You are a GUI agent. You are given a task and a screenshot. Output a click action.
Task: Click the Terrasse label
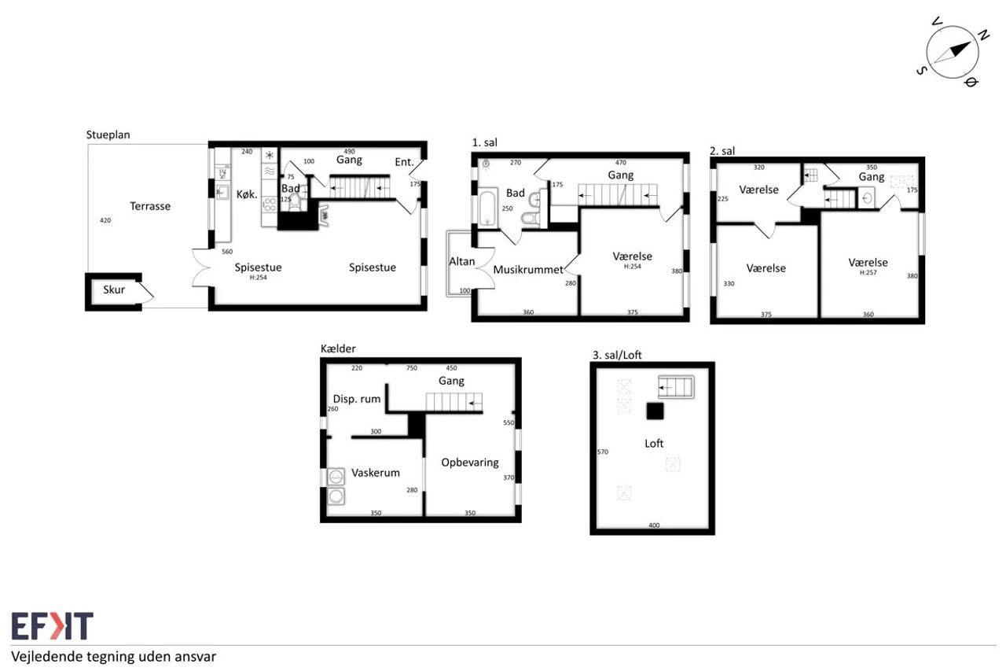[x=150, y=206]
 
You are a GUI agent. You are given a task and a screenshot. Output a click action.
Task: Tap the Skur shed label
[x=114, y=290]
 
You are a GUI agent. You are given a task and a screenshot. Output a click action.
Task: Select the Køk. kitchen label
[x=247, y=194]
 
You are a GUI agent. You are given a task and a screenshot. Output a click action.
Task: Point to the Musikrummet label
[x=527, y=270]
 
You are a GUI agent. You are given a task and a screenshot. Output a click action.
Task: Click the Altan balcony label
[x=461, y=262]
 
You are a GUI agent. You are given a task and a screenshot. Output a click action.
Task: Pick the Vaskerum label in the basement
[x=375, y=473]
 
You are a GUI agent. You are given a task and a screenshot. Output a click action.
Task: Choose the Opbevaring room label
[x=470, y=463]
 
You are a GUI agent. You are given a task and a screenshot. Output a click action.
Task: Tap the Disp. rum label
[x=357, y=399]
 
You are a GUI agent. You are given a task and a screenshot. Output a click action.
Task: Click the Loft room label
[x=654, y=444]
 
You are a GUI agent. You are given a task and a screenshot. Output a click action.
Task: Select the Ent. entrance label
[x=404, y=162]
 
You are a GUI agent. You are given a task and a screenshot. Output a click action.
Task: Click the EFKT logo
[x=52, y=625]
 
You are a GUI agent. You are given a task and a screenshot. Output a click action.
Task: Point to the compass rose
[x=952, y=52]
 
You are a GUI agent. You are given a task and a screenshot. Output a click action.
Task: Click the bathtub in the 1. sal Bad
[x=487, y=209]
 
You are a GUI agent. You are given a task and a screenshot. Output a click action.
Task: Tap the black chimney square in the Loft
[x=655, y=411]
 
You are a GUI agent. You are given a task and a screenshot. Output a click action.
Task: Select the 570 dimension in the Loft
[x=603, y=452]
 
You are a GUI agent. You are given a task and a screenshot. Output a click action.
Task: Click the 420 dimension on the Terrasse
[x=105, y=221]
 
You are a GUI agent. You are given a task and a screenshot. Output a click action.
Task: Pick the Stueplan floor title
[x=108, y=135]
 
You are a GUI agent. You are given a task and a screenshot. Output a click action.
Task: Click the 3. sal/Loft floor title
[x=617, y=355]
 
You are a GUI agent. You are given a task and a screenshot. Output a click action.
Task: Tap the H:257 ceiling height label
[x=868, y=272]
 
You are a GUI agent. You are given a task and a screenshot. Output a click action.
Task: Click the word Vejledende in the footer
[x=47, y=657]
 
